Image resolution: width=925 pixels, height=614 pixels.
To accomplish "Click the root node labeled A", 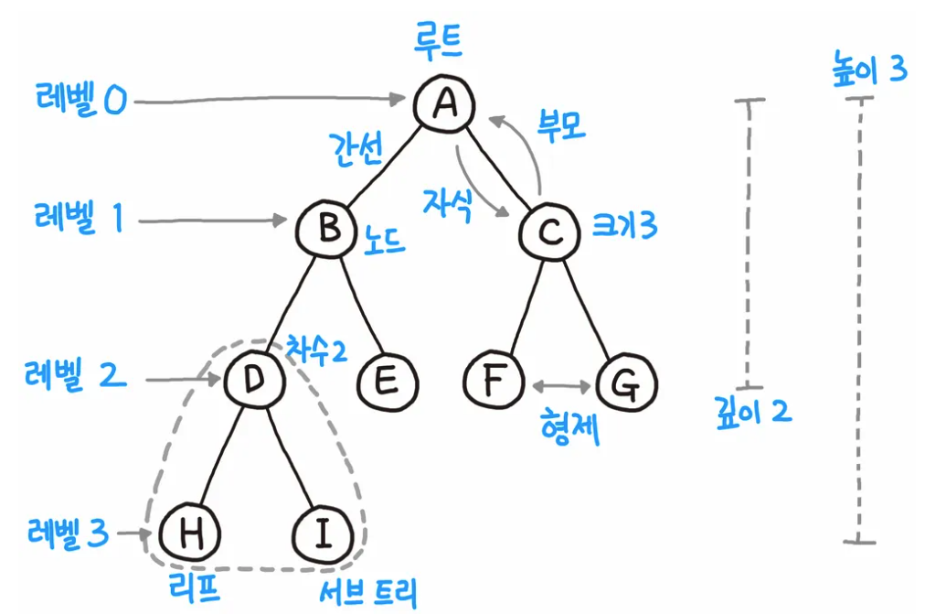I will pos(445,103).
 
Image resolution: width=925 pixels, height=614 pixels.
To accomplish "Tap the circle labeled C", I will pos(549,231).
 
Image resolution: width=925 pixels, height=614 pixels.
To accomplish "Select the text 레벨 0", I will pos(81,101).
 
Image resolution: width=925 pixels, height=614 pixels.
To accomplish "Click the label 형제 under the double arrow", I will pos(570,426).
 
